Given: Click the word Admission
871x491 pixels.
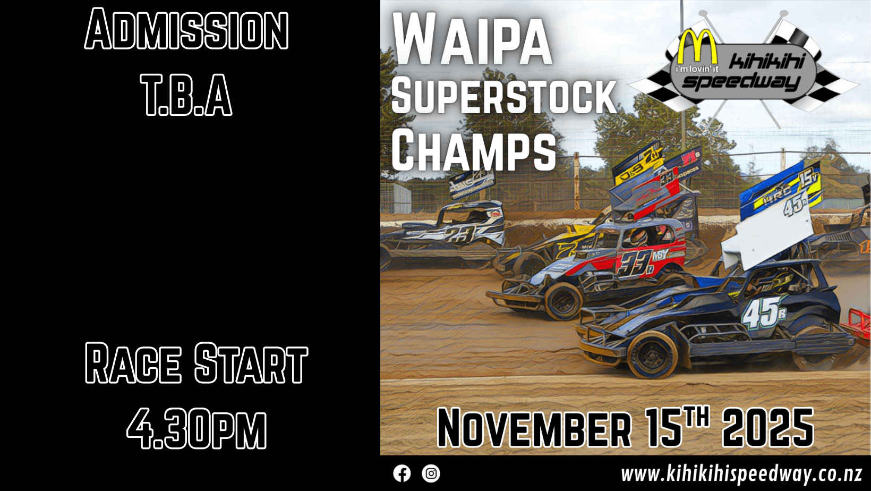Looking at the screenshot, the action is coord(186,29).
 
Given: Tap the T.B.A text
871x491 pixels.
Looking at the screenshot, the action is coord(186,95).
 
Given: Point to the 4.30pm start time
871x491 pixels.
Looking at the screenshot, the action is coord(197,428).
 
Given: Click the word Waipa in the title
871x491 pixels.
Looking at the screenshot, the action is coord(472,38).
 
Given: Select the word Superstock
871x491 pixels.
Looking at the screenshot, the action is coord(504,96).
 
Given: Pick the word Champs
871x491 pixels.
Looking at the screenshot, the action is coord(474,150).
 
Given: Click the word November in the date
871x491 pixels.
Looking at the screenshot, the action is coord(534,428).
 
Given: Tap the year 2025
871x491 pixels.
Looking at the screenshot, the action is coord(768,427).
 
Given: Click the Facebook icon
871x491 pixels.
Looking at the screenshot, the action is coord(402,473).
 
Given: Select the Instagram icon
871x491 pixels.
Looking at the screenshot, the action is coord(431,473).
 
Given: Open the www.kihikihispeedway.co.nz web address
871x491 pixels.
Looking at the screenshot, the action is coord(741,475).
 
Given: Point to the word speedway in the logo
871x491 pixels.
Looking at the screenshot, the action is coord(741,82).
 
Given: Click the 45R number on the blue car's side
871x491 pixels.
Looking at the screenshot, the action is coord(764,311).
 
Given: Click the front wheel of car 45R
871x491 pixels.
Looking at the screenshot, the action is coord(652,354).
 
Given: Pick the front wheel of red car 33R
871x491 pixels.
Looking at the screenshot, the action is coord(562,301).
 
